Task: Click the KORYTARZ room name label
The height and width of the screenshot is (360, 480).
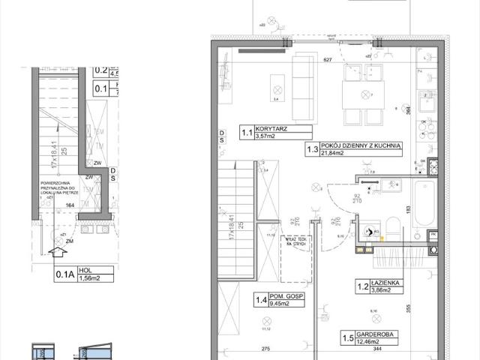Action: coord(271,129)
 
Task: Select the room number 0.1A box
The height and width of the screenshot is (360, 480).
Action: coord(65,274)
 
